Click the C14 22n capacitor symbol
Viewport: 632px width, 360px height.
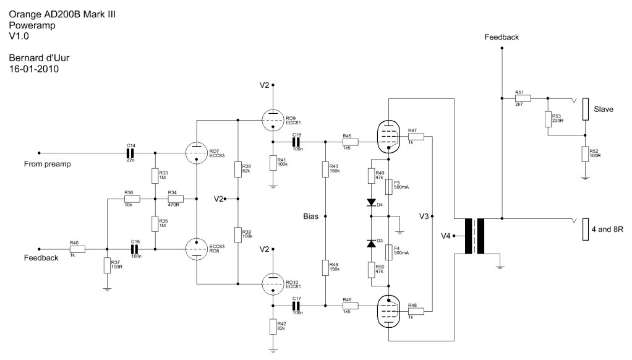[130, 153]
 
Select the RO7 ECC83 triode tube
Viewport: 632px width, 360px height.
[196, 153]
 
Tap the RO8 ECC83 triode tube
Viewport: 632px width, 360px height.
[196, 249]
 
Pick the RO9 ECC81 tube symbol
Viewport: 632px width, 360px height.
[273, 120]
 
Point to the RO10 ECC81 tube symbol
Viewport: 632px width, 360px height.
[273, 284]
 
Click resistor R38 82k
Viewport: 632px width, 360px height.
[238, 169]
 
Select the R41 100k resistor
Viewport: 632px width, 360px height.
[273, 163]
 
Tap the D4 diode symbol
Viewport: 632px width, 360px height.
[371, 203]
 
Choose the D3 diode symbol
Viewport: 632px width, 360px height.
[371, 243]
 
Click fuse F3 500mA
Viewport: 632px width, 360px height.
[388, 187]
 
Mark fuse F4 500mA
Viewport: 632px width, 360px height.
[388, 252]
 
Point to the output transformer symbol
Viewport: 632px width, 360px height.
[474, 236]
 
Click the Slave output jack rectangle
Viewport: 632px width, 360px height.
[585, 109]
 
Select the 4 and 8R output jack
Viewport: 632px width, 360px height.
[585, 229]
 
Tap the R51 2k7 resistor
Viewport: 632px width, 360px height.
[523, 98]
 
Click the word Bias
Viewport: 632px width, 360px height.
[311, 216]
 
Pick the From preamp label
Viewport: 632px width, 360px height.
[48, 164]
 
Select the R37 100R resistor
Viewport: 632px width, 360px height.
[107, 265]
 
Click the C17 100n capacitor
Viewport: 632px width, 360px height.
[297, 306]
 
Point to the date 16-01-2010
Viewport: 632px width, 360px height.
[34, 69]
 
